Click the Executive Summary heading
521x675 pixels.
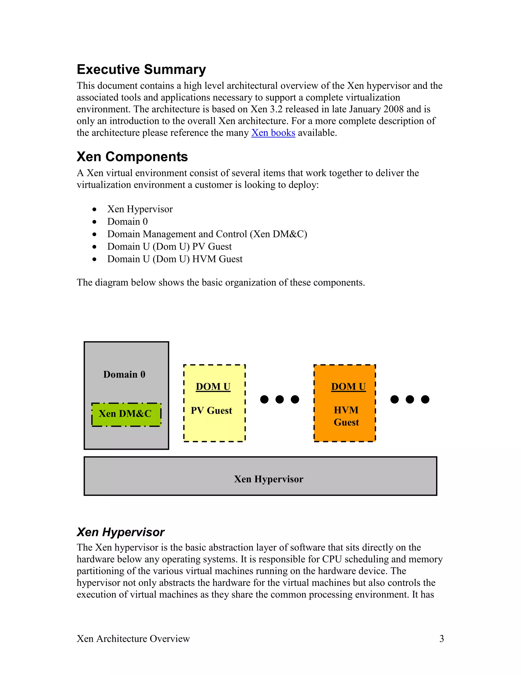(x=141, y=70)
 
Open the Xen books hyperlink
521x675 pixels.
(x=273, y=133)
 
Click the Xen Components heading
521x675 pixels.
(x=132, y=157)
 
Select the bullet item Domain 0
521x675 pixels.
(x=127, y=222)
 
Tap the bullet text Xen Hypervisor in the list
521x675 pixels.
(x=140, y=209)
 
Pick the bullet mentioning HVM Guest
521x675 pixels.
(x=175, y=259)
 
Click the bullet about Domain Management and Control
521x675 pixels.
(x=207, y=234)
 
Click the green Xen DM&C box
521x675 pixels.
(x=126, y=414)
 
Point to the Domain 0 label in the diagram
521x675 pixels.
(x=124, y=375)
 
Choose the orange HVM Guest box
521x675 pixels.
(x=344, y=433)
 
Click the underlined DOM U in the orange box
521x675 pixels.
(x=348, y=387)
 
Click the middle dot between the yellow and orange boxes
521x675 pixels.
(x=279, y=399)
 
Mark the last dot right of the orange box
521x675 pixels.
(x=425, y=399)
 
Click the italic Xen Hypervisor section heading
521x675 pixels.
(x=120, y=532)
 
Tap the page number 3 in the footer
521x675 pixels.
(x=441, y=639)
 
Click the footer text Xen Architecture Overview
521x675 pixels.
(x=133, y=639)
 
